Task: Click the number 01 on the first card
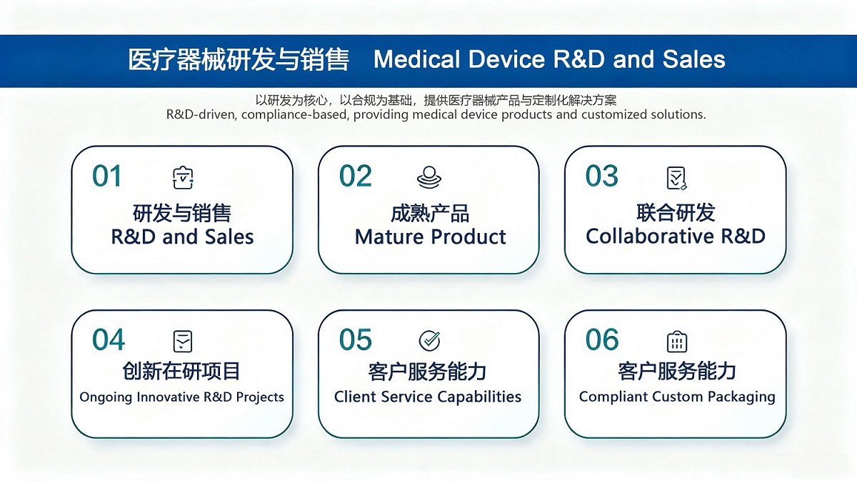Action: [106, 176]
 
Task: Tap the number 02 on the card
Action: [356, 176]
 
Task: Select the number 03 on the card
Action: [602, 176]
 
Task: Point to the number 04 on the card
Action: [109, 339]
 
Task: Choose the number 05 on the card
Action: [356, 339]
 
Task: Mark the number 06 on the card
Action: [602, 339]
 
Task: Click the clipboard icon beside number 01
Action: [183, 178]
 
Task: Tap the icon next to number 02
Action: [429, 177]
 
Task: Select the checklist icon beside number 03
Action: [677, 178]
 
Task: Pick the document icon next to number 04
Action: [183, 341]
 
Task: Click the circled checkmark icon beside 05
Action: [430, 341]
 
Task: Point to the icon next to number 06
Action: [677, 342]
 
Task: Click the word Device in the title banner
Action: [506, 59]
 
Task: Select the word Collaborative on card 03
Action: [650, 236]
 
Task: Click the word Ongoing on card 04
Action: [106, 397]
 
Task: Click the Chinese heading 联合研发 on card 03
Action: [676, 212]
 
